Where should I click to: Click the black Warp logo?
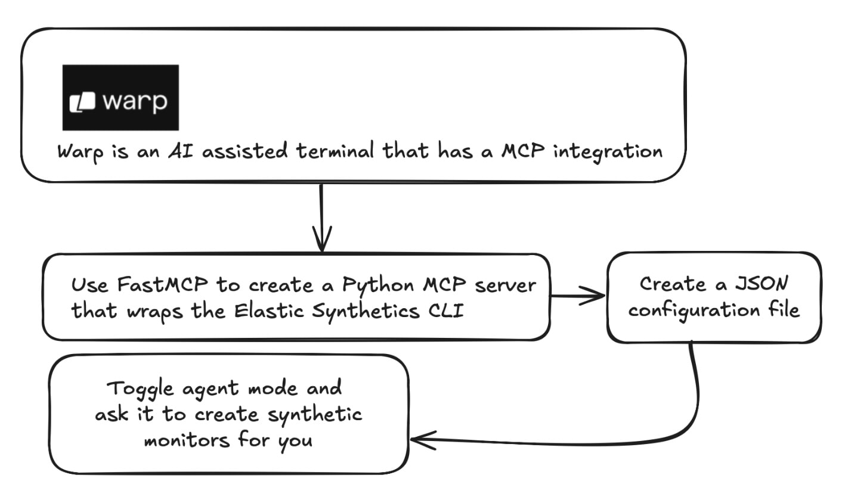(x=120, y=98)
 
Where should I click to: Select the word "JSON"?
(x=760, y=283)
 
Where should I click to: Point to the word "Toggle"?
(x=141, y=389)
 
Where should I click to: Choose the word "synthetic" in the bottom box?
(x=314, y=415)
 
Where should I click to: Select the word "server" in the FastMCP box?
(x=506, y=285)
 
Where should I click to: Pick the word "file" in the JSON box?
(x=783, y=310)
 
